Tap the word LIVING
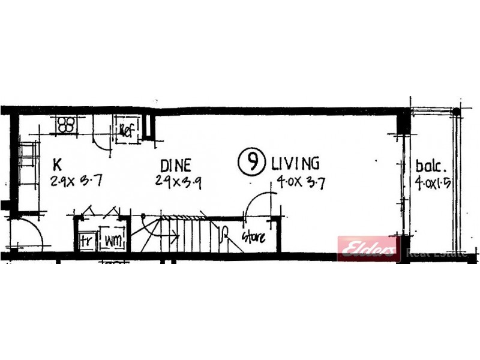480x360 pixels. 295,163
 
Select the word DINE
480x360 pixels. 176,165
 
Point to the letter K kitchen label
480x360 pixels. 57,164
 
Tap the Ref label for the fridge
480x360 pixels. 127,129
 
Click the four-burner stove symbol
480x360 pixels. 67,125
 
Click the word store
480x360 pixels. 253,237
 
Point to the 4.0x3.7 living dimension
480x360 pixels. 301,182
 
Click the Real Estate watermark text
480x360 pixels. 436,253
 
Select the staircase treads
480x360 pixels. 192,234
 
